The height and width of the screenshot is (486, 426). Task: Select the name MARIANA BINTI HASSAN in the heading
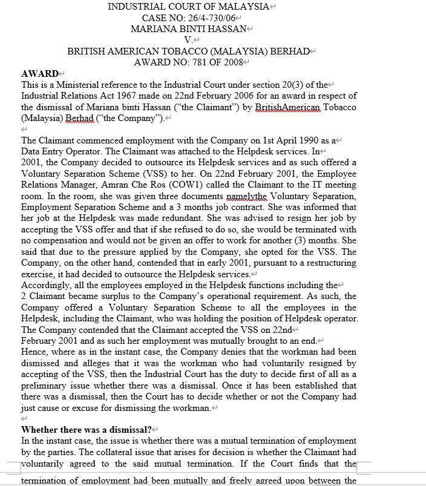(188, 29)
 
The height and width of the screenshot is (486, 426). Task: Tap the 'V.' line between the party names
(188, 40)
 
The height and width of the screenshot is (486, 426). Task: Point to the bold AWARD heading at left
(39, 74)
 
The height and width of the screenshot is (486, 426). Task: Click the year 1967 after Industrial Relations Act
(113, 96)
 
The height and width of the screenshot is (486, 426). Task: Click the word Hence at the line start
(34, 352)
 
